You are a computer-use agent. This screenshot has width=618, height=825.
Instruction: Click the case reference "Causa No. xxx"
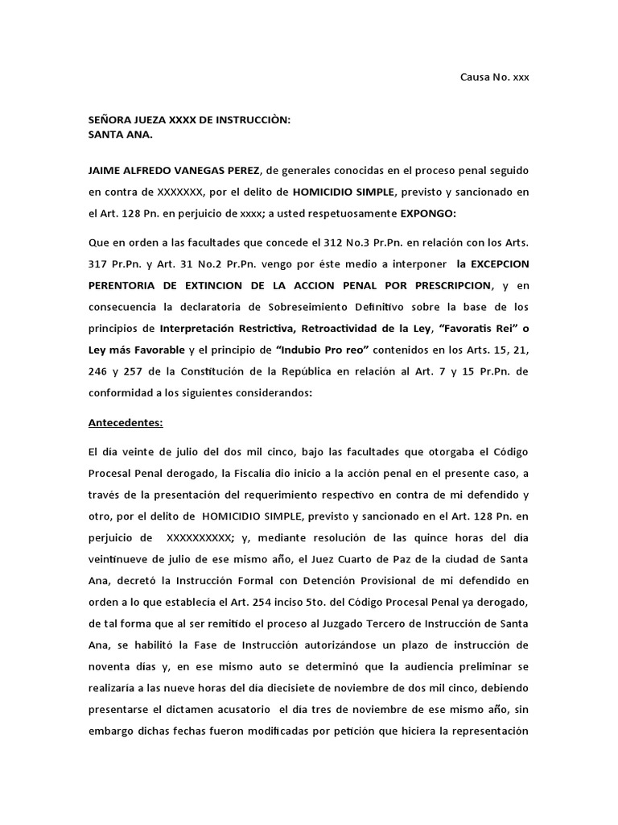[x=494, y=77]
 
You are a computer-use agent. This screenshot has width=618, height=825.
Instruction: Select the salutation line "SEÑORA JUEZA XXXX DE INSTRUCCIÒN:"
[x=188, y=120]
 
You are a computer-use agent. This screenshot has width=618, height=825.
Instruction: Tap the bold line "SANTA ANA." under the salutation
[x=120, y=135]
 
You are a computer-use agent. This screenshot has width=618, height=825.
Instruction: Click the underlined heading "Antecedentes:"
[x=125, y=421]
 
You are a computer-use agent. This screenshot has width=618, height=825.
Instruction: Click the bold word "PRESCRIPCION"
[x=450, y=285]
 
